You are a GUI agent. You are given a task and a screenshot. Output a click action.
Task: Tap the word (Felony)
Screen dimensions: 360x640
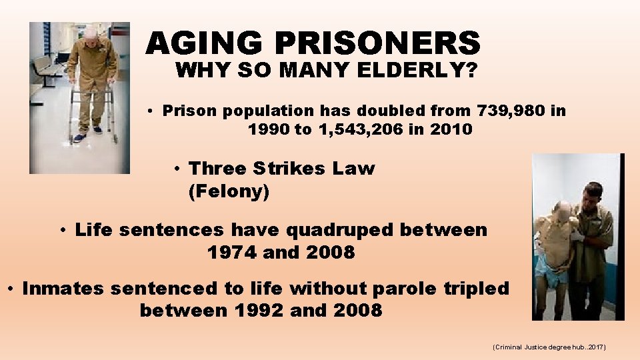(x=229, y=192)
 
